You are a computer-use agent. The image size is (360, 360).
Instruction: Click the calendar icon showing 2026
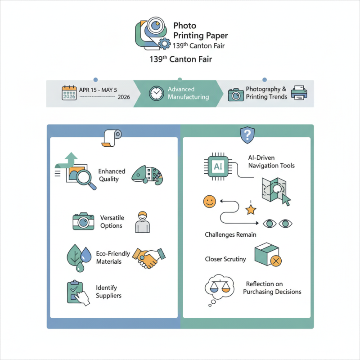pyautogui.click(x=70, y=93)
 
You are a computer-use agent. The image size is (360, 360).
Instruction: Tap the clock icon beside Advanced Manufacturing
pyautogui.click(x=156, y=93)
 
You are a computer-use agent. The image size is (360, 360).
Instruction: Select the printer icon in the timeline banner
pyautogui.click(x=299, y=93)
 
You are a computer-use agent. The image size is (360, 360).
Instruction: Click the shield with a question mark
pyautogui.click(x=247, y=135)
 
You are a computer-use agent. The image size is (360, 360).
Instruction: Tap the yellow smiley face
pyautogui.click(x=209, y=201)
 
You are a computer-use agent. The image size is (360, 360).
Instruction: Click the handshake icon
pyautogui.click(x=149, y=257)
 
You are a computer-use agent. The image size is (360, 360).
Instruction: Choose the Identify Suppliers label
pyautogui.click(x=108, y=291)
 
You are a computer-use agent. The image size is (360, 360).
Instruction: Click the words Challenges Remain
pyautogui.click(x=230, y=234)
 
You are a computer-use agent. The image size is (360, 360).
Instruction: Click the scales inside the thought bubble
pyautogui.click(x=217, y=287)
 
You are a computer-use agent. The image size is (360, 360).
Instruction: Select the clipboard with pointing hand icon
pyautogui.click(x=77, y=292)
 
